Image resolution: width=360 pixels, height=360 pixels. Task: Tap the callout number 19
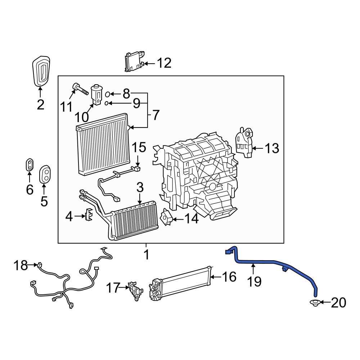(x=255, y=281)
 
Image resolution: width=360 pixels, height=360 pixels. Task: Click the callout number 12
(x=163, y=63)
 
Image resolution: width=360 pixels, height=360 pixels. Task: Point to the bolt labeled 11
(x=81, y=88)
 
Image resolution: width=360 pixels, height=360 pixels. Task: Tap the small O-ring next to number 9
(x=107, y=104)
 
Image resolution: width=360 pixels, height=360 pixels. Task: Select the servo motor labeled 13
(x=244, y=142)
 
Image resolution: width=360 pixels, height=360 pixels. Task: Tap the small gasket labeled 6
(x=30, y=165)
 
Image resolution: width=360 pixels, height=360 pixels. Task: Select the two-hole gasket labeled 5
(x=45, y=174)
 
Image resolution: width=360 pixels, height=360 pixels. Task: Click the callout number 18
(x=21, y=266)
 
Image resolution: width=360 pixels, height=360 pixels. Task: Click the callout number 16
(x=229, y=276)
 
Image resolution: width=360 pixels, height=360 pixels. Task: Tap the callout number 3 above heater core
(x=140, y=188)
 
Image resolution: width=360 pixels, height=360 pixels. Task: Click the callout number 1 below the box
(x=146, y=255)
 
